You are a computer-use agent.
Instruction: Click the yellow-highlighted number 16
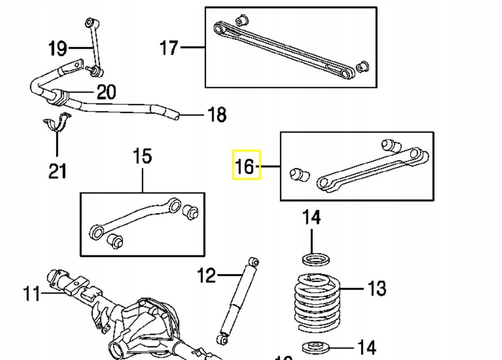[245, 165]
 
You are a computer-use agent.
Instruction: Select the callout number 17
[169, 48]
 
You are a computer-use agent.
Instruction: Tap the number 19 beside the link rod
[58, 49]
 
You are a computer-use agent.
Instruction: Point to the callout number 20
[106, 92]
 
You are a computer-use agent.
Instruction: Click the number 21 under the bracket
[57, 171]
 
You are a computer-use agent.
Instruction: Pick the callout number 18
[216, 115]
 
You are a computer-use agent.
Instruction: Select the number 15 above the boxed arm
[143, 156]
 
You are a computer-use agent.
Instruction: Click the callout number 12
[206, 275]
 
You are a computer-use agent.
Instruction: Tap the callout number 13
[376, 289]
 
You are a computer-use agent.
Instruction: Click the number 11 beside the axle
[32, 294]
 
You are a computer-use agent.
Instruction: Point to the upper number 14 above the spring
[311, 218]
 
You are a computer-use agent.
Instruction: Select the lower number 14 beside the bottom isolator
[366, 347]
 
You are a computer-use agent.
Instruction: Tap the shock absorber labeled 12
[236, 301]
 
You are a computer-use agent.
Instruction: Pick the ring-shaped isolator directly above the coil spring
[316, 260]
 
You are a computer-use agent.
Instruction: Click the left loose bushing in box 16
[300, 175]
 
